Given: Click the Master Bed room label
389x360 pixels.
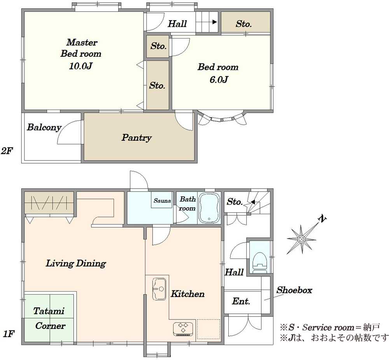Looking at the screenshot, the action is [x=81, y=48].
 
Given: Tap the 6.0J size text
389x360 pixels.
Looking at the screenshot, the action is [x=218, y=80].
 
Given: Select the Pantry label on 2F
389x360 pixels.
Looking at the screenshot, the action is [x=137, y=138].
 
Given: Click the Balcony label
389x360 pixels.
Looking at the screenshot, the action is [x=44, y=127].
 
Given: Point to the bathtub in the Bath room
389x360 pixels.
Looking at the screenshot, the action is [x=210, y=208].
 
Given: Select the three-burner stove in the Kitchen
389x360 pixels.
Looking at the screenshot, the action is [x=183, y=328].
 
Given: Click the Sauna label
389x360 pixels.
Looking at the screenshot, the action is [x=162, y=201].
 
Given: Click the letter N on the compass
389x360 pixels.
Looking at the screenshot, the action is [x=322, y=218].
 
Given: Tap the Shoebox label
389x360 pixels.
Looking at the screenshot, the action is [x=294, y=290].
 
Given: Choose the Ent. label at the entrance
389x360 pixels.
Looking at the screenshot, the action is [x=241, y=301].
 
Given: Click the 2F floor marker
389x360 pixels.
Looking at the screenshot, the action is [x=7, y=151].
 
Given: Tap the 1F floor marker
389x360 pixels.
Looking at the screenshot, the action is [x=8, y=334].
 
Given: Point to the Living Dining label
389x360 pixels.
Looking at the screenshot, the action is [x=76, y=264].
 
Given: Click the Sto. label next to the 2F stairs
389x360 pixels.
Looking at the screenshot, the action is [x=244, y=24].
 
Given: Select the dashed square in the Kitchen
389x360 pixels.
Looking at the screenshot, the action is [x=209, y=329].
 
